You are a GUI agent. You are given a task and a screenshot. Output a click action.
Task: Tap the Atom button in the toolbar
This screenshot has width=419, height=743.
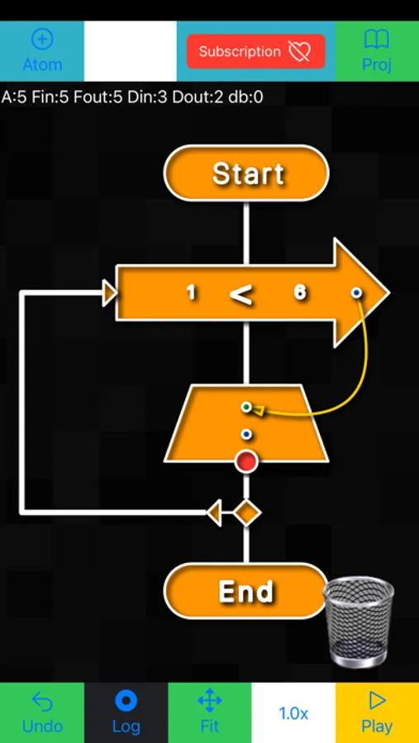tap(41, 50)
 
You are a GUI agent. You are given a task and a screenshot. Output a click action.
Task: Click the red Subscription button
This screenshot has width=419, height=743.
tap(255, 51)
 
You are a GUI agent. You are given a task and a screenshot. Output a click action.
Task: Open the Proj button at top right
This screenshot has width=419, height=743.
tap(377, 50)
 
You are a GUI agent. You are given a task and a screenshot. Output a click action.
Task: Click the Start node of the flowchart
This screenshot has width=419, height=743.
tap(246, 173)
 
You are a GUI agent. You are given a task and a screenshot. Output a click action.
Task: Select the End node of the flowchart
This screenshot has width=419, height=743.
tap(246, 591)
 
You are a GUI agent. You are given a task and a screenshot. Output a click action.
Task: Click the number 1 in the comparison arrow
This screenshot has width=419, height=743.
tap(191, 292)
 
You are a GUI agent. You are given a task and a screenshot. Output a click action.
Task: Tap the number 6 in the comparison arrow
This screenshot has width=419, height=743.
tap(300, 292)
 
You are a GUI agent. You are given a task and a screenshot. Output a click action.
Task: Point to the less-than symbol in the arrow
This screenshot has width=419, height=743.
tap(241, 294)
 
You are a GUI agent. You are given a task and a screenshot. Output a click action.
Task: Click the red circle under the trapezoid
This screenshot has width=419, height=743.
tap(246, 461)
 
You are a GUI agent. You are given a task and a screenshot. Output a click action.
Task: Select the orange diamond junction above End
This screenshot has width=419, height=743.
tap(246, 513)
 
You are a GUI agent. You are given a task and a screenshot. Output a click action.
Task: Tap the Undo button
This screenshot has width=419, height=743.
tap(41, 712)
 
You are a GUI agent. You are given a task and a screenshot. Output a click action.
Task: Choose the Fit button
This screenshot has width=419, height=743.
tap(210, 712)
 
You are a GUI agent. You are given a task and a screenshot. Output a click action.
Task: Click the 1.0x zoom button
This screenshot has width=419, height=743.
tap(293, 713)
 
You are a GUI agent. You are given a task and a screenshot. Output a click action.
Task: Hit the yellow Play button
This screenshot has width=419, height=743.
tap(377, 712)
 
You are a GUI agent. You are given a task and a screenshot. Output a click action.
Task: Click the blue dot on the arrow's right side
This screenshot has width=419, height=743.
tap(356, 292)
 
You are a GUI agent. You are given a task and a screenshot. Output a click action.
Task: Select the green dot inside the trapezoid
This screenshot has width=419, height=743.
tap(245, 407)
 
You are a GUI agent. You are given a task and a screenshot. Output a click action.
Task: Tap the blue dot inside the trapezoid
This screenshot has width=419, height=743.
tap(245, 434)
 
